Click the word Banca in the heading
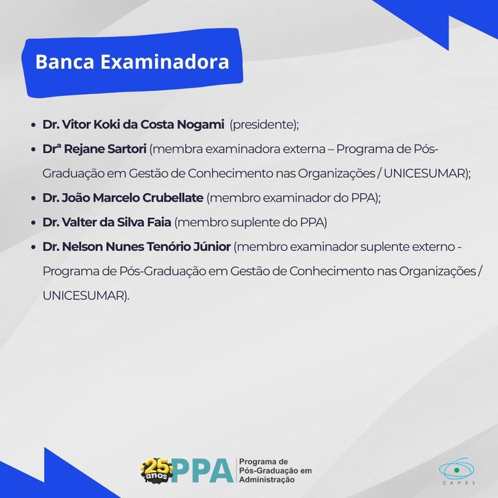(60, 62)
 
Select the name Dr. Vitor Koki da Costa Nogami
(134, 124)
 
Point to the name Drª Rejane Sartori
(95, 149)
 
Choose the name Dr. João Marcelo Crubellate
(123, 198)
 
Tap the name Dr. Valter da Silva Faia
(107, 222)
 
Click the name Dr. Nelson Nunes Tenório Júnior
(136, 247)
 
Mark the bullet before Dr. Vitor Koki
(32, 124)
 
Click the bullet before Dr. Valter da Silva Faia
(32, 223)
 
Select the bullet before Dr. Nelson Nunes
(32, 248)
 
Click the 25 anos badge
(157, 469)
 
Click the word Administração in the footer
(267, 480)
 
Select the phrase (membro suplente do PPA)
(250, 222)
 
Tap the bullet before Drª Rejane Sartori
(32, 150)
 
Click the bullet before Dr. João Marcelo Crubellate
(32, 198)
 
